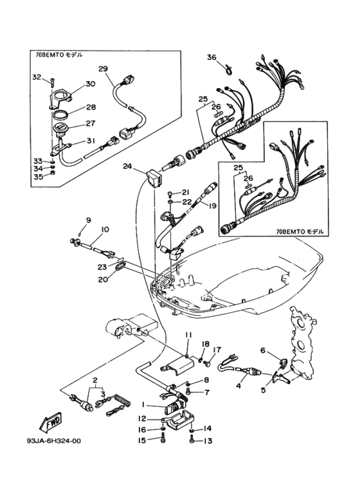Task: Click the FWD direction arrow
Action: pos(51,423)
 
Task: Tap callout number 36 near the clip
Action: pos(212,57)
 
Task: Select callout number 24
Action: pos(127,166)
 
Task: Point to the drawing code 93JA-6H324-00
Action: pos(54,440)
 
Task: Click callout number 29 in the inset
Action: pos(103,69)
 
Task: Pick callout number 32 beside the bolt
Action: pos(37,77)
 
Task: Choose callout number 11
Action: pos(189,335)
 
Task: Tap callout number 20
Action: pos(104,279)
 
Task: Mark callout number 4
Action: pos(239,386)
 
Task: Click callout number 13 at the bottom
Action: pos(208,441)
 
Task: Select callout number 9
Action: pos(89,220)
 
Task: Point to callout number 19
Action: pos(212,206)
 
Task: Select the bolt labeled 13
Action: pos(192,439)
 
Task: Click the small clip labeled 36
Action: pos(228,69)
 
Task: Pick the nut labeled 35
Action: pos(53,173)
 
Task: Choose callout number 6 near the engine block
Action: pos(262,350)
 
